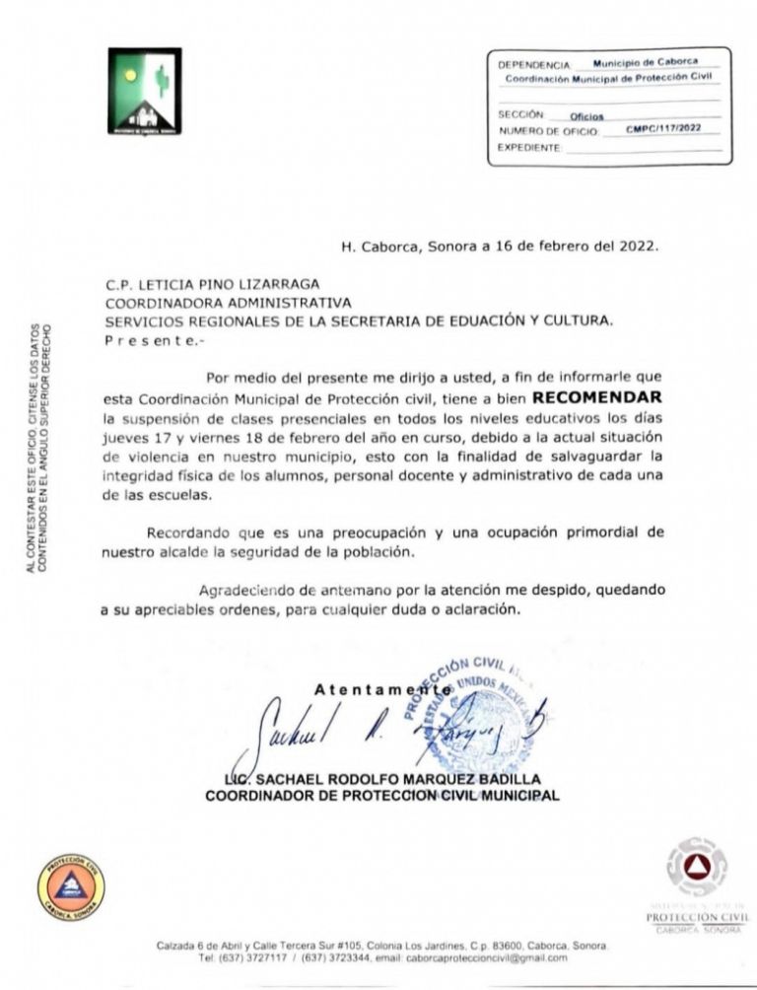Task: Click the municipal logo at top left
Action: tap(144, 91)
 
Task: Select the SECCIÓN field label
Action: tap(520, 114)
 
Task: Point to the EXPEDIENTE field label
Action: tap(528, 146)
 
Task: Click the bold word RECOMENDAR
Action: tap(598, 398)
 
